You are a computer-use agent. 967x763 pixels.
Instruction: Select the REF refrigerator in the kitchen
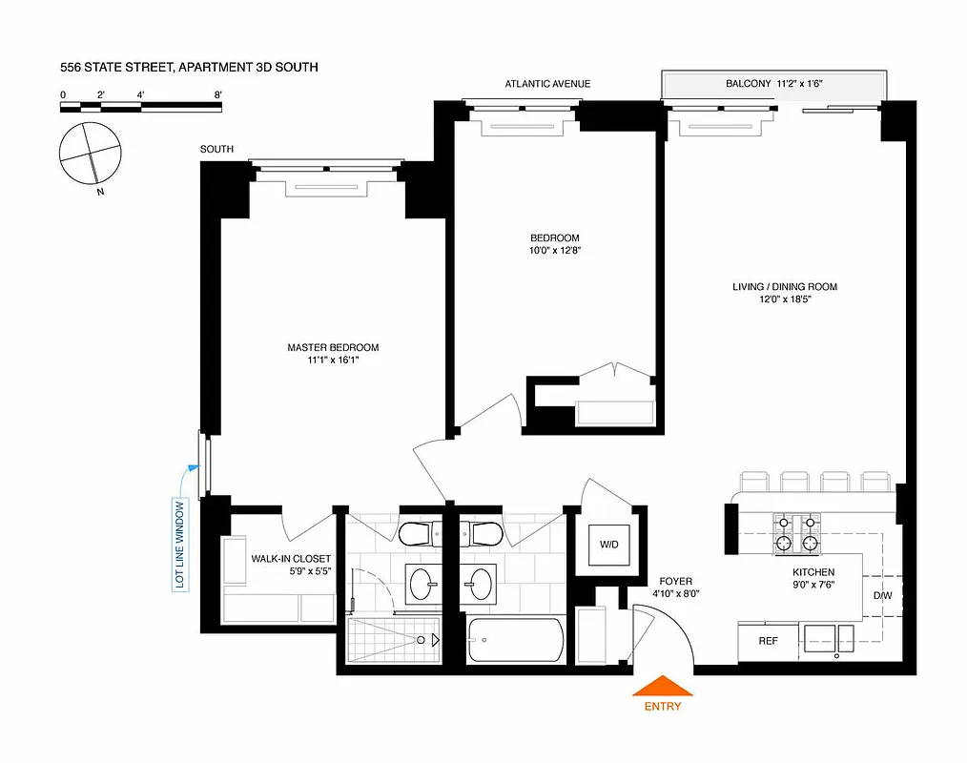768,641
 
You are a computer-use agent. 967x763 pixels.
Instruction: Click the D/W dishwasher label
882,596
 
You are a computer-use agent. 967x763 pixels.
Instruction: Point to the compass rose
91,153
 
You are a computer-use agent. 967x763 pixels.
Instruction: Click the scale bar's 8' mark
218,95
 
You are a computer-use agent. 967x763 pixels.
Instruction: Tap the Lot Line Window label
179,543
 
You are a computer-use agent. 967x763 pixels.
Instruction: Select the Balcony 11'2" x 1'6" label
773,84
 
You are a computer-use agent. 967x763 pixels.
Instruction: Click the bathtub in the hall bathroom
515,641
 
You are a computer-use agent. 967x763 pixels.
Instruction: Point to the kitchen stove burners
797,533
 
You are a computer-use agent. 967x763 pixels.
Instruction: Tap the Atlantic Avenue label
547,84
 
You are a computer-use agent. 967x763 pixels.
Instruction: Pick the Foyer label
675,581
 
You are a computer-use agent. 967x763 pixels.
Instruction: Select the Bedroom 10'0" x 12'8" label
555,237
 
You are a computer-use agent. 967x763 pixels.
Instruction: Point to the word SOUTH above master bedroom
216,150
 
